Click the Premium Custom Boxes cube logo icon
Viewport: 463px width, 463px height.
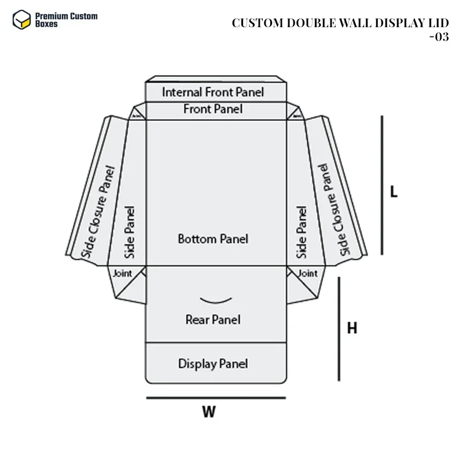tap(21, 20)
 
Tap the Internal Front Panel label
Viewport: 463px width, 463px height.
tap(212, 92)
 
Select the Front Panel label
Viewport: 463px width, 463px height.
tap(213, 109)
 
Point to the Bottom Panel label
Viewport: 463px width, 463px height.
tap(213, 238)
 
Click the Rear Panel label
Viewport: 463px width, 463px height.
tap(213, 319)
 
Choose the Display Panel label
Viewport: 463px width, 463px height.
tap(213, 363)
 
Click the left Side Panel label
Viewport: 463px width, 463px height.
tap(130, 231)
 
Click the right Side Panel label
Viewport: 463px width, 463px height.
tap(302, 231)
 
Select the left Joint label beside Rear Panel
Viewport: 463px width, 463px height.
tap(122, 273)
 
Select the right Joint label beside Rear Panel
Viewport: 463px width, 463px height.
tap(307, 273)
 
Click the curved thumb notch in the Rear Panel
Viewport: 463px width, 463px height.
tap(216, 300)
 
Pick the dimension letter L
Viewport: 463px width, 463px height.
tap(394, 192)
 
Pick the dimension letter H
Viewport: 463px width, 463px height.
tap(352, 328)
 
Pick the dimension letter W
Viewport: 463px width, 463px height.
tap(208, 412)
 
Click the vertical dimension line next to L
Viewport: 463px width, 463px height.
tap(382, 185)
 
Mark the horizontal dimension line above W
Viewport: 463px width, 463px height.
tap(215, 398)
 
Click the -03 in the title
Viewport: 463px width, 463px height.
tap(439, 37)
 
